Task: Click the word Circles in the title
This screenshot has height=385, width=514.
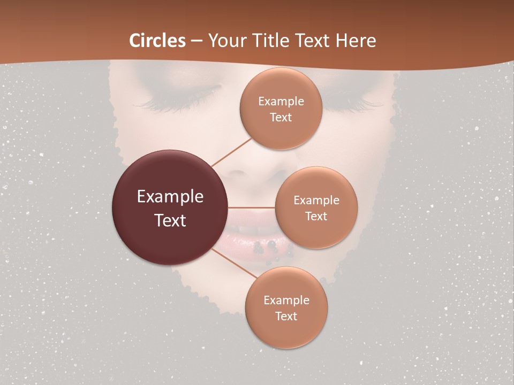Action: [157, 41]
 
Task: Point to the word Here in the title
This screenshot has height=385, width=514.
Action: [356, 41]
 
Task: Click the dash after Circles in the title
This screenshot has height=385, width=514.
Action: [196, 41]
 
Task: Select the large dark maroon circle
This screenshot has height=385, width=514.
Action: [170, 207]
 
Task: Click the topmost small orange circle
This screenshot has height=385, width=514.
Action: [281, 109]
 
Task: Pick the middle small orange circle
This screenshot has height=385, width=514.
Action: [316, 207]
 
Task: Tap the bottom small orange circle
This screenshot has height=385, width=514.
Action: [286, 307]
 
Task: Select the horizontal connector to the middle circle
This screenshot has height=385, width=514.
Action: [251, 207]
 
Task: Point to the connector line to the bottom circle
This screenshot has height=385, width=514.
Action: [234, 263]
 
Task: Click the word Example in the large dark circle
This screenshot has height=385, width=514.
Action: [170, 197]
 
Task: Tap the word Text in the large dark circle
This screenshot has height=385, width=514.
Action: [170, 220]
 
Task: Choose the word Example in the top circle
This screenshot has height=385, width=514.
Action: [281, 101]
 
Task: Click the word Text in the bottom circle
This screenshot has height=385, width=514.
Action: [286, 316]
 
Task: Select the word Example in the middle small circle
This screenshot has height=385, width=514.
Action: [316, 201]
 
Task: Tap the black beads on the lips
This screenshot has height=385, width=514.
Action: [266, 247]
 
